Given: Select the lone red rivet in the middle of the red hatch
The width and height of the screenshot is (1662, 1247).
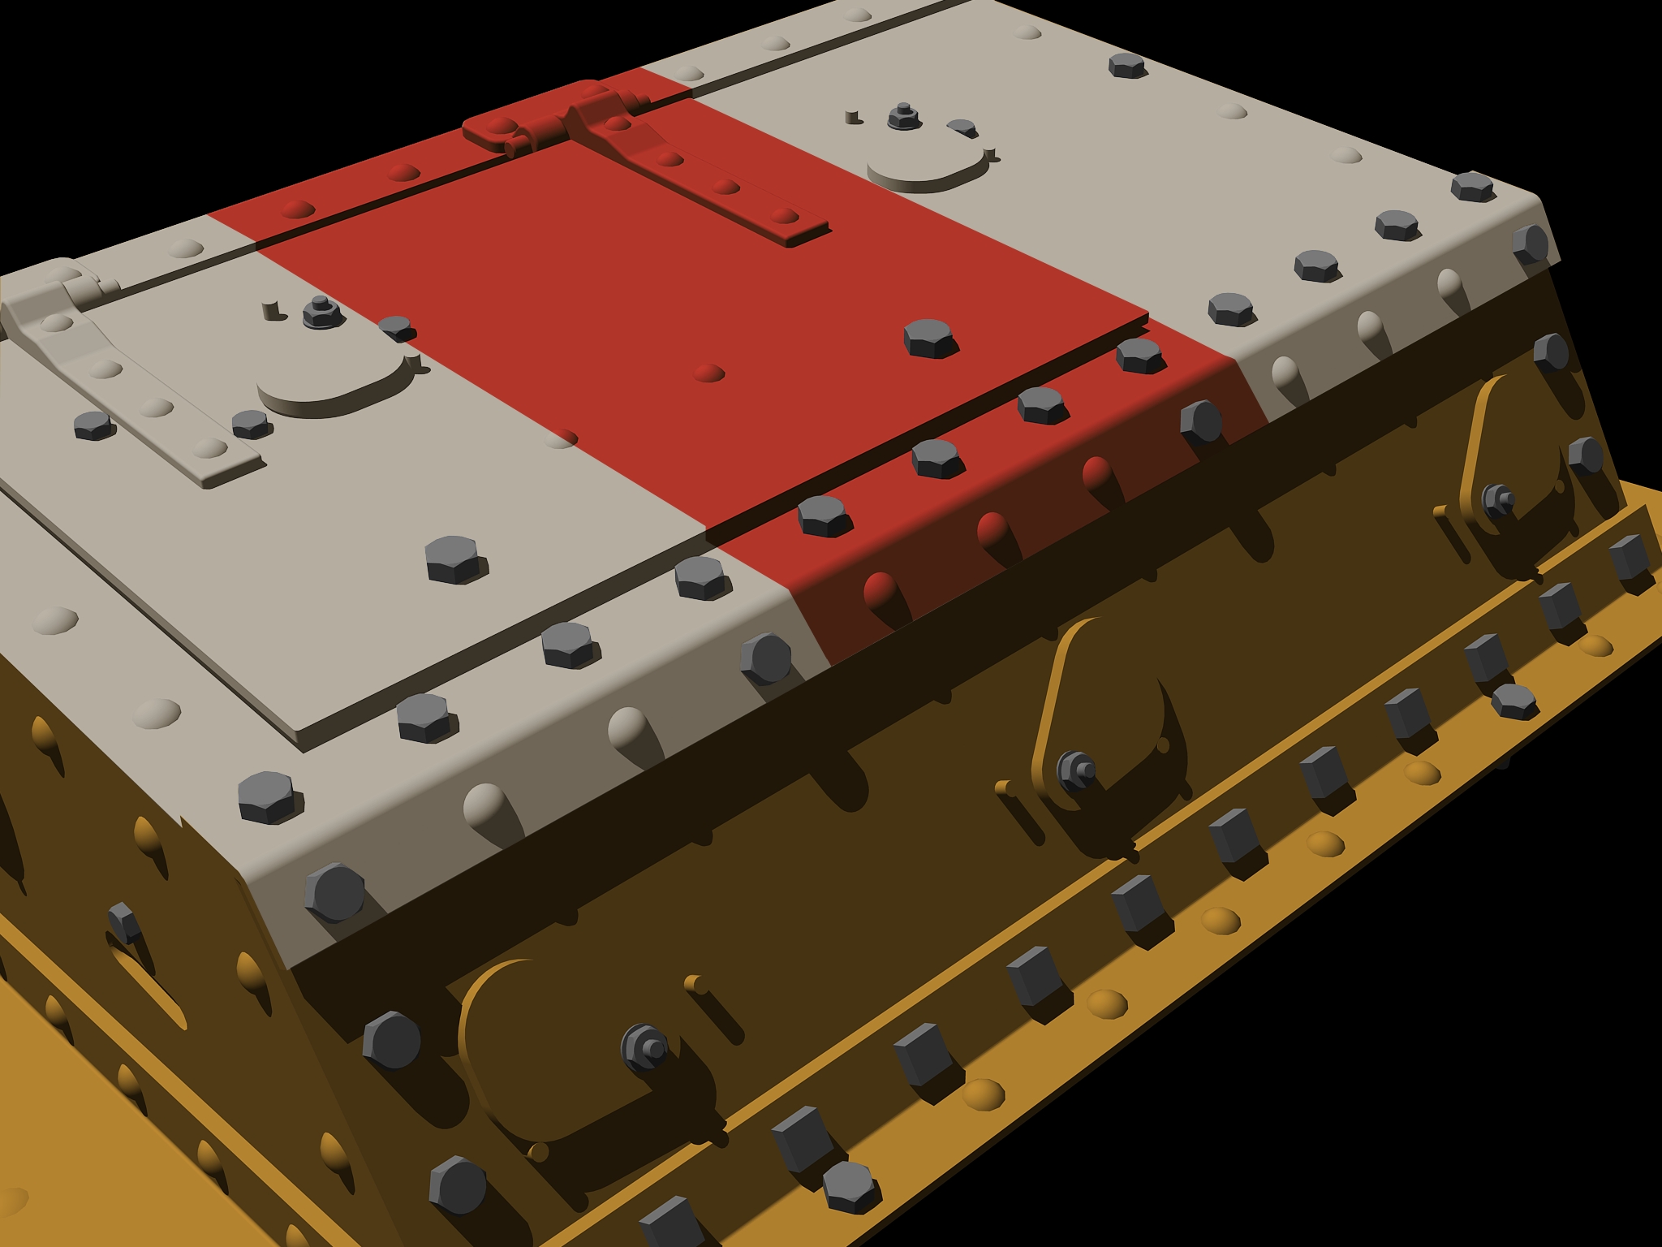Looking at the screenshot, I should click(x=708, y=373).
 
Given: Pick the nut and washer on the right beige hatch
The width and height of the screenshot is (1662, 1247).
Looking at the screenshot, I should click(x=903, y=116).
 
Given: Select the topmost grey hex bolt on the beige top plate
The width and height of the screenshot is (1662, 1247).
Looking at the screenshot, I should click(x=1126, y=66).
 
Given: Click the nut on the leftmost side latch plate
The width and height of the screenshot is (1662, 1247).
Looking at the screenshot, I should click(x=645, y=1046).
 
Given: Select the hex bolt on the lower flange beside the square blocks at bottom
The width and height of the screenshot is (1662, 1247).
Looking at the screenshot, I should click(x=850, y=1185).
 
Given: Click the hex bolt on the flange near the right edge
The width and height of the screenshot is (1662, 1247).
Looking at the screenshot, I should click(x=1513, y=700).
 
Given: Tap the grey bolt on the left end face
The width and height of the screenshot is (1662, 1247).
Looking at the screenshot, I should click(x=123, y=921).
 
